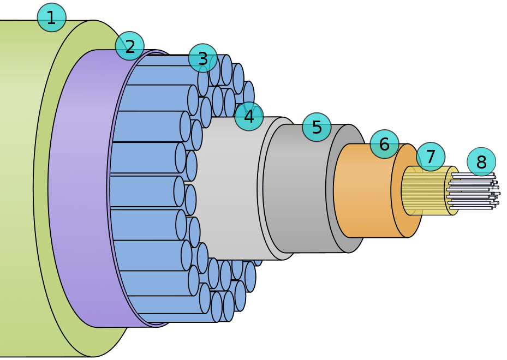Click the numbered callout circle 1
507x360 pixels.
tap(51, 17)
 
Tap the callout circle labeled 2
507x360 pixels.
tap(130, 46)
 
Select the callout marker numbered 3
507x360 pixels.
tap(202, 58)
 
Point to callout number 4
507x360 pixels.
tap(249, 116)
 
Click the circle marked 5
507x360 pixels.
tap(317, 127)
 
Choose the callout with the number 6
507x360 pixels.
tap(384, 144)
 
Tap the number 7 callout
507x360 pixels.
tap(431, 157)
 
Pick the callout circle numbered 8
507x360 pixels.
tap(481, 162)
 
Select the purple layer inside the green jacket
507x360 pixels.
tap(76, 191)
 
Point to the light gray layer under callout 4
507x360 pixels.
tap(229, 191)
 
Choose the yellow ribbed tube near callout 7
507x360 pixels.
tap(426, 191)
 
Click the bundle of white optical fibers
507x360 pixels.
tap(472, 191)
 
